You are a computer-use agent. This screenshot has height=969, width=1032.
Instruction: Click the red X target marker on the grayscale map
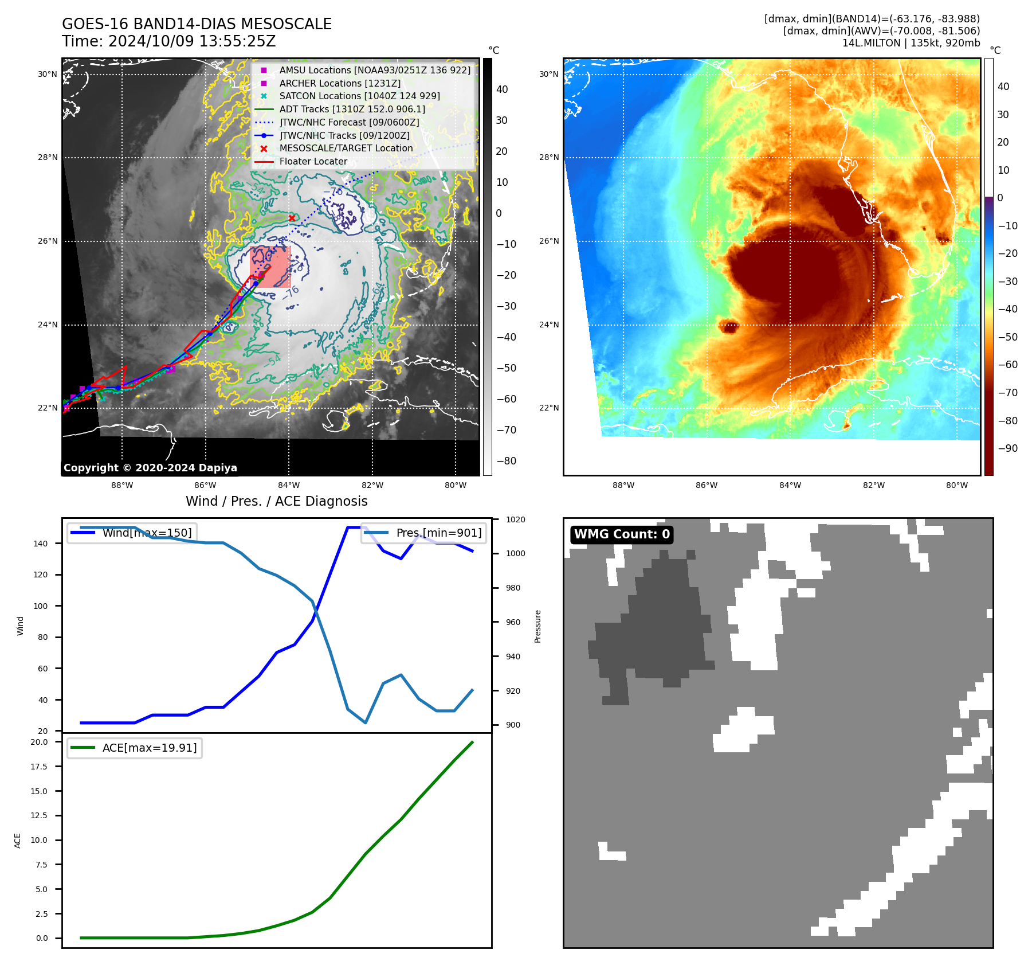[292, 218]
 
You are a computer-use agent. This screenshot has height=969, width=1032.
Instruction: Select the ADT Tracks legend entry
[352, 109]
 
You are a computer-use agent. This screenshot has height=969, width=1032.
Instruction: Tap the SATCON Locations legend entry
[359, 96]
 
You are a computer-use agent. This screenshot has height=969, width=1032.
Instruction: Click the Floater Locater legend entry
[313, 161]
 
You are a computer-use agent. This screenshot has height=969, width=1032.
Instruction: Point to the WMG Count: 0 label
[622, 534]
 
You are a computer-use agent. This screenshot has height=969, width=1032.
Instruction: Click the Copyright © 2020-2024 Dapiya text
[150, 468]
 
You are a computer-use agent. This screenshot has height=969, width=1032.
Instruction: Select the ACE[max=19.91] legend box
[135, 748]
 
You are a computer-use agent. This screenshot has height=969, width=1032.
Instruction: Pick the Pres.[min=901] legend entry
[424, 533]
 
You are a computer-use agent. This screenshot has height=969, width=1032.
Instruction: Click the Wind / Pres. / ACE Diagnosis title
[277, 501]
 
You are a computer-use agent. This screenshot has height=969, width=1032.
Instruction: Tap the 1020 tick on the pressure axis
[515, 519]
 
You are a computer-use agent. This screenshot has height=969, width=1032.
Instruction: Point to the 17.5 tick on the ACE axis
[40, 767]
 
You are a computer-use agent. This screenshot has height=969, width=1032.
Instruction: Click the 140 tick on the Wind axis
[41, 544]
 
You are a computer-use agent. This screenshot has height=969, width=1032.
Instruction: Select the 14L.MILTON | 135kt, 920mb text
[911, 43]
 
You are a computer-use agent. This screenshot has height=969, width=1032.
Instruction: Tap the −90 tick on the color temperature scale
[1007, 448]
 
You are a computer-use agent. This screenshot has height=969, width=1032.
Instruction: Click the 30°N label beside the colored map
[548, 74]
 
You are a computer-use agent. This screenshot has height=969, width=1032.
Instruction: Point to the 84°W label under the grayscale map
[289, 485]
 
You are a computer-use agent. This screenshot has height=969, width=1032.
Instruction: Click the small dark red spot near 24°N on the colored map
[729, 327]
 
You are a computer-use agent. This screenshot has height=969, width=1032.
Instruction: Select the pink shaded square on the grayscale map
[270, 267]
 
